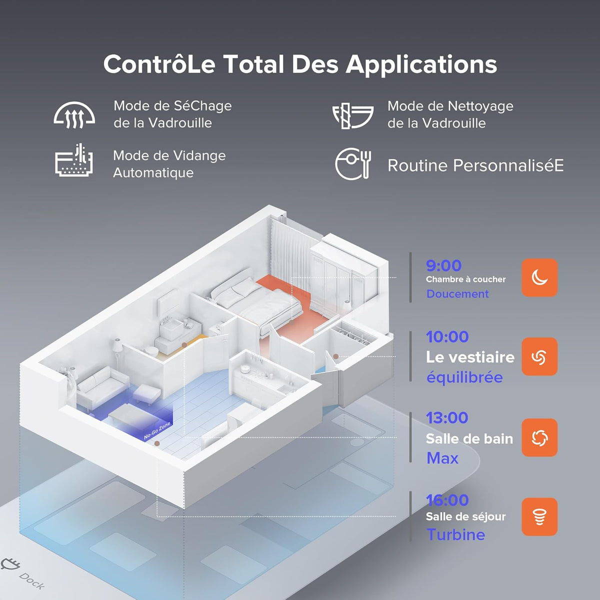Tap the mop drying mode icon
[74, 115]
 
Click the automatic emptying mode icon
[74, 160]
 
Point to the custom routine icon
[353, 163]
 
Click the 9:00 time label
[443, 265]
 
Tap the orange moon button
[539, 277]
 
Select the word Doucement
[457, 293]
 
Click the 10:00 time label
[447, 336]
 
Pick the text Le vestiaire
[470, 357]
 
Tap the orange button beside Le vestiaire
[539, 356]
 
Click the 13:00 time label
[447, 417]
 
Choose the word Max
[442, 458]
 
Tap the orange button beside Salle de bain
[539, 437]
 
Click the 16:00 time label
[447, 500]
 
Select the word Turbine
[456, 534]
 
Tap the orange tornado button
[539, 517]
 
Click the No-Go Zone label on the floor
[157, 430]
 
